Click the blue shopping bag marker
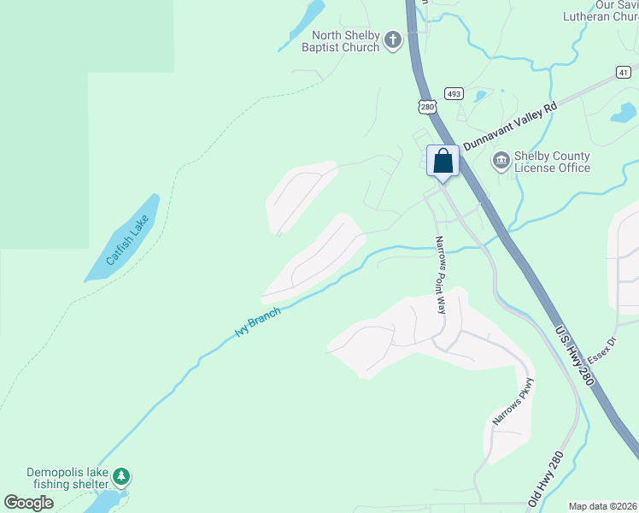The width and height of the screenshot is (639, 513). click(443, 161)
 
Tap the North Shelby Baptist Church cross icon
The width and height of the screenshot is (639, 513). click(392, 40)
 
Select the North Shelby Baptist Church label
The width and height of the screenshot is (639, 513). click(339, 41)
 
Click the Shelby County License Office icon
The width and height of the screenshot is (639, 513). click(501, 160)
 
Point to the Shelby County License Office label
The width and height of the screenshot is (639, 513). click(552, 162)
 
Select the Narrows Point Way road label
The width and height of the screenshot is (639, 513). click(441, 274)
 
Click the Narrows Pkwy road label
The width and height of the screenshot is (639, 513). click(513, 402)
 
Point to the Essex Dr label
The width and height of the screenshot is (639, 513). click(602, 346)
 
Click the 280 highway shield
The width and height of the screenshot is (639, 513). click(428, 106)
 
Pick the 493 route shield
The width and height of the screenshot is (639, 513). click(453, 93)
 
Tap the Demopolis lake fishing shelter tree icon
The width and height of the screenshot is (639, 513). click(121, 475)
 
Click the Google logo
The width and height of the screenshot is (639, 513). click(29, 503)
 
